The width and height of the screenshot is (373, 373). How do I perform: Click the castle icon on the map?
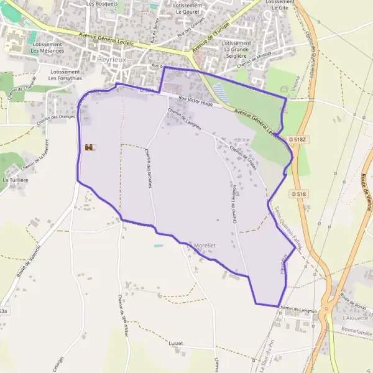click(90, 147)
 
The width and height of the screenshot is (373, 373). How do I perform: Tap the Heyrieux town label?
click(113, 60)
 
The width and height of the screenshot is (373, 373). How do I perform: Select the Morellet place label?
click(205, 246)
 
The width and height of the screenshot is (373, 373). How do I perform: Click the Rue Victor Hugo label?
click(195, 101)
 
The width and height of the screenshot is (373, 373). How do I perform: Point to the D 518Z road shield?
click(298, 141)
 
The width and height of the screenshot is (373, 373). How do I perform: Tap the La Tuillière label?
click(15, 180)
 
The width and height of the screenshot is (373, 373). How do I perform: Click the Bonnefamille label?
click(356, 333)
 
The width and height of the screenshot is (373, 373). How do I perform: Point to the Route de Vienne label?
click(365, 193)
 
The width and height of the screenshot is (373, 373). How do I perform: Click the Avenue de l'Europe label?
click(211, 35)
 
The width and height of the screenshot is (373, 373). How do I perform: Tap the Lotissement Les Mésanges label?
click(47, 47)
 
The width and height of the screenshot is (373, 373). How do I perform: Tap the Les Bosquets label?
click(102, 4)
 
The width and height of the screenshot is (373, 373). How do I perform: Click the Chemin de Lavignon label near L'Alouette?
click(298, 308)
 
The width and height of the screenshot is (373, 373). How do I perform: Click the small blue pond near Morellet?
click(159, 246)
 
